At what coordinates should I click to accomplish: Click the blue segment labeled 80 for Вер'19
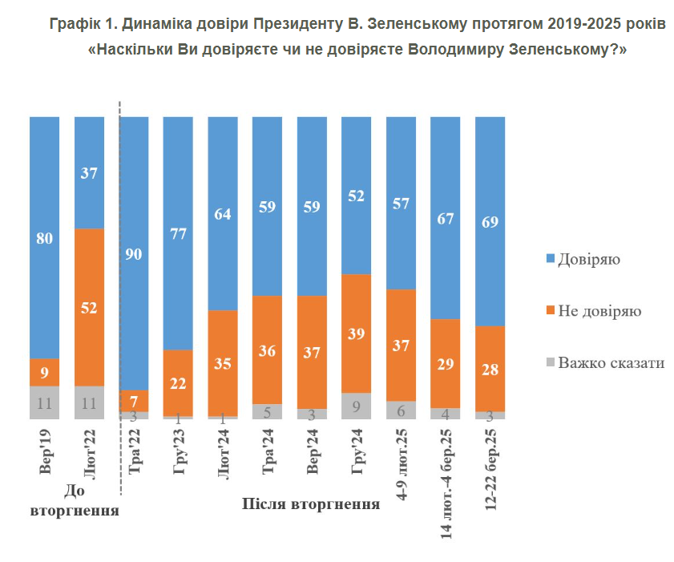45,237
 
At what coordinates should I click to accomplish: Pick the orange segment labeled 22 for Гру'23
178,383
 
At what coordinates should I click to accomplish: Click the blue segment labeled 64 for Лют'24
223,213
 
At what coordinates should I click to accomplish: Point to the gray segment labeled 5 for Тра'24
267,411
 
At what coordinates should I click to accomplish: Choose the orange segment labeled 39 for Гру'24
356,334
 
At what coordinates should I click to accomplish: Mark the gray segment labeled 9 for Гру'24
356,406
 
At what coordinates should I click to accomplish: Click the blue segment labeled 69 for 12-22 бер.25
490,221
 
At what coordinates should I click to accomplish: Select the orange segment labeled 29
445,363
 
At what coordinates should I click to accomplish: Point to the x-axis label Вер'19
46,451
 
